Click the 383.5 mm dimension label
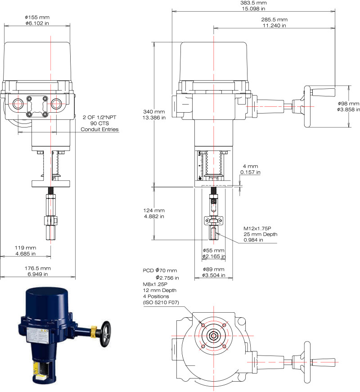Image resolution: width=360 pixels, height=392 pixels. point(253,3)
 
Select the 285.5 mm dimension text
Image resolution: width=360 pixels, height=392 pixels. point(274,19)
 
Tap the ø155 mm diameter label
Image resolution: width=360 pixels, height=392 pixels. point(37,17)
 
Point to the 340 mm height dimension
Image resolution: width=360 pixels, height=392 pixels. point(154,112)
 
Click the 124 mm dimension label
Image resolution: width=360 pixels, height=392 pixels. point(154,210)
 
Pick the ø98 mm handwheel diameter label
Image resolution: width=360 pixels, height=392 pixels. point(348,104)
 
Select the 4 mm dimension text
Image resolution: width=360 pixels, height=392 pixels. point(250,166)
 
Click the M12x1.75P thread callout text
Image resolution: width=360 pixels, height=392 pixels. point(257,228)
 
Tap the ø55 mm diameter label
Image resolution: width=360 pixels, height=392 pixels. point(213,250)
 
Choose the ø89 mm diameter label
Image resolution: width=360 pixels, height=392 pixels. point(213,269)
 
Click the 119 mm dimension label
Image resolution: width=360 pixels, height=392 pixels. point(26,248)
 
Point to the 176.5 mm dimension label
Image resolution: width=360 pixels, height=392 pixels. point(38,268)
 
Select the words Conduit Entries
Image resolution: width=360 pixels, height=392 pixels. point(99,129)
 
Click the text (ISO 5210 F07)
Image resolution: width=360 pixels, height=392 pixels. point(161,302)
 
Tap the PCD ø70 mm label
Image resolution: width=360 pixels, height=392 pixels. point(160,270)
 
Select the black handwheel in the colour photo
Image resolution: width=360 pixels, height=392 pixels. point(105,334)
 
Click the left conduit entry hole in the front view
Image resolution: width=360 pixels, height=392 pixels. point(18,104)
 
